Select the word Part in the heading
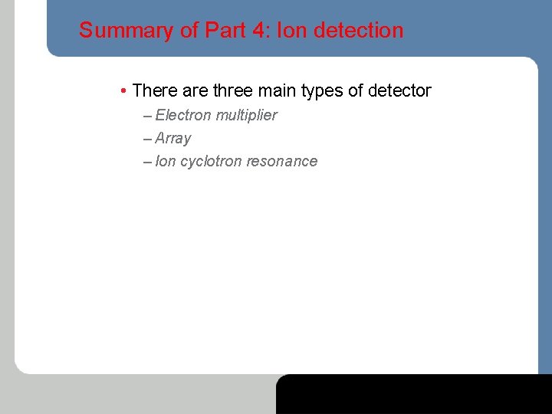click(222, 31)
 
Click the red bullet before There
click(123, 91)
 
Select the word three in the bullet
click(233, 91)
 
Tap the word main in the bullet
click(278, 91)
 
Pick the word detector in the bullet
click(399, 91)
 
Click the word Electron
click(183, 115)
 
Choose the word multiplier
click(246, 115)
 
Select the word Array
click(172, 139)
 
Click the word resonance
click(281, 161)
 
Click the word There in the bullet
click(155, 91)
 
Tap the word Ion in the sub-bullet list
click(165, 161)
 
